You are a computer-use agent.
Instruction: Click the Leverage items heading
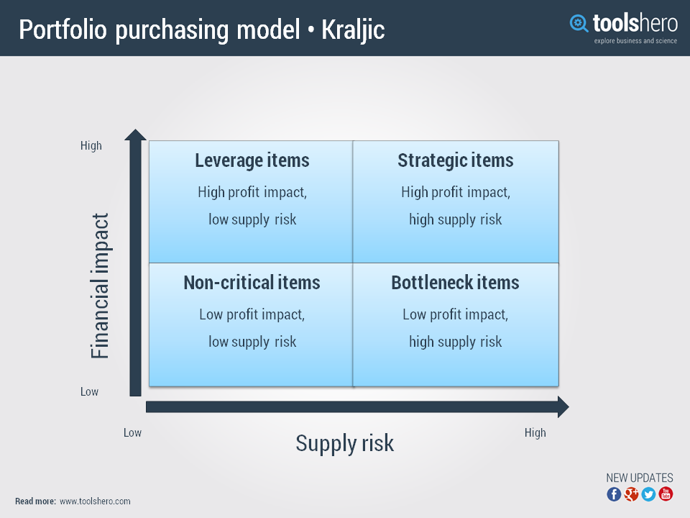click(x=252, y=160)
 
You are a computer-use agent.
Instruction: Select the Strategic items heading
click(x=456, y=160)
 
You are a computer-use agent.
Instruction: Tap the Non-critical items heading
click(x=252, y=283)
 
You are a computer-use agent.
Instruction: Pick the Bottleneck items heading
click(x=455, y=283)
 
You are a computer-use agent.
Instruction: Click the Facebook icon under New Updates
click(x=614, y=494)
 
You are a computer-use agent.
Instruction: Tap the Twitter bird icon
click(x=648, y=494)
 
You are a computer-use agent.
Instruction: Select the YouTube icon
click(x=666, y=494)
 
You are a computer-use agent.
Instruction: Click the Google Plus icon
click(x=631, y=494)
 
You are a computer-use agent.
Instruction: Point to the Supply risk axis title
click(x=344, y=443)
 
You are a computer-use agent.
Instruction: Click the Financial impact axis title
click(x=101, y=286)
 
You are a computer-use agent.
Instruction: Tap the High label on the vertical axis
click(x=91, y=146)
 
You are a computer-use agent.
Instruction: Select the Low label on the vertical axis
click(x=89, y=392)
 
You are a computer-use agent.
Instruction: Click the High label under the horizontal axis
click(x=535, y=433)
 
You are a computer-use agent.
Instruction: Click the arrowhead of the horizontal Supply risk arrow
click(x=562, y=407)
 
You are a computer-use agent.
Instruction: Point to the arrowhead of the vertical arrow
click(x=135, y=135)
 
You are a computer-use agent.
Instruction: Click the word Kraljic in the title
click(x=353, y=30)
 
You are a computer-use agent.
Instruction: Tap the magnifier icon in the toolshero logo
click(x=579, y=24)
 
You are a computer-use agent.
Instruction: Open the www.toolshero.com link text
click(x=95, y=501)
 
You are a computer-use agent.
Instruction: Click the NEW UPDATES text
click(x=640, y=478)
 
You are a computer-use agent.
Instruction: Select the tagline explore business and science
click(x=635, y=41)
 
